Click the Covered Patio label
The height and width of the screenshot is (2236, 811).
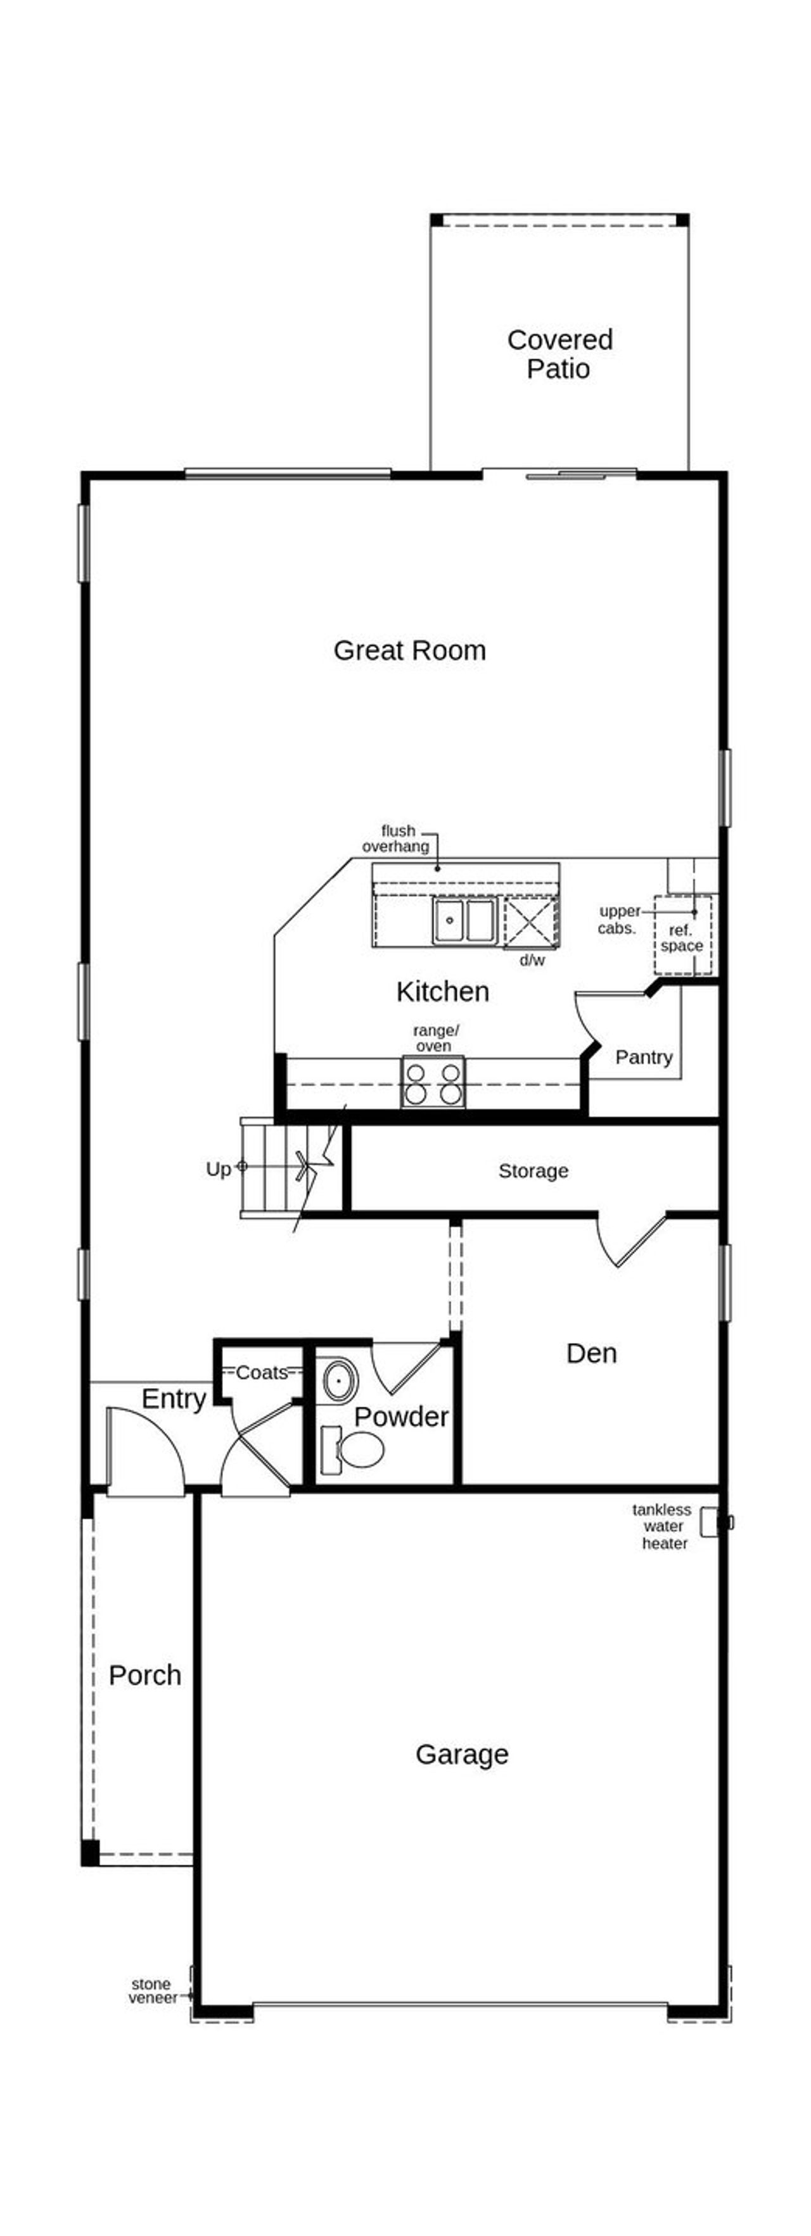point(559,353)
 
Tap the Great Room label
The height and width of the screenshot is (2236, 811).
point(409,650)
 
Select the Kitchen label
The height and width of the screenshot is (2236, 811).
point(442,991)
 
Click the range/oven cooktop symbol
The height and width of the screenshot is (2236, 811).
point(432,1082)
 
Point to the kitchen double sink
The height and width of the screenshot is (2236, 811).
point(466,920)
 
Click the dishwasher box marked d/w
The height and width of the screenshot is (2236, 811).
point(529,923)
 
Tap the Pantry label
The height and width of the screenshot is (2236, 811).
point(644,1056)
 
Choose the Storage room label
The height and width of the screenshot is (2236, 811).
point(533,1170)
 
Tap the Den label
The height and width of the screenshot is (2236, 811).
point(591,1353)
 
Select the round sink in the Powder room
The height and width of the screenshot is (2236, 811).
point(338,1379)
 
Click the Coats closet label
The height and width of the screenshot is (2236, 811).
point(262,1372)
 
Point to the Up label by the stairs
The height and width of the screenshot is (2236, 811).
point(218,1168)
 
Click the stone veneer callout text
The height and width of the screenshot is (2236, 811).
point(152,1990)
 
